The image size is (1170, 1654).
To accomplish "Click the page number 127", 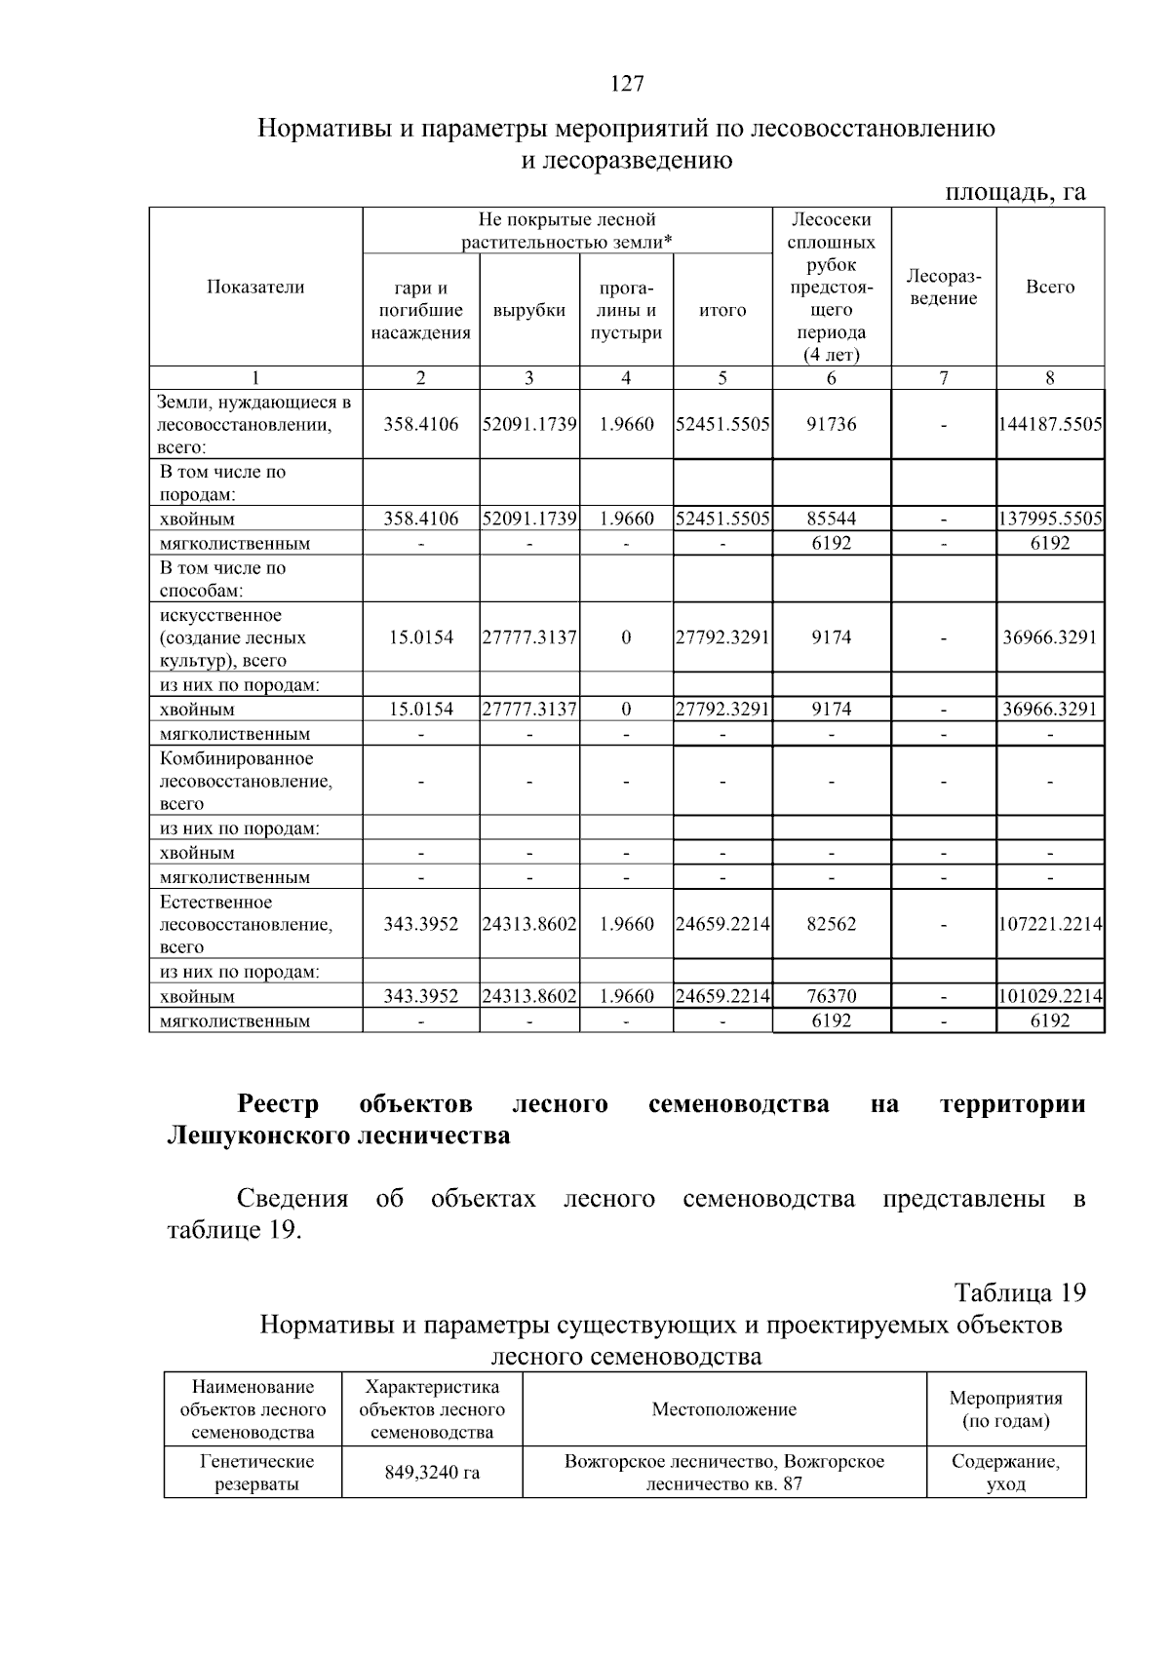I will click(x=627, y=84).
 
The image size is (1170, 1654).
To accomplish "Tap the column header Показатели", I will click(x=255, y=287).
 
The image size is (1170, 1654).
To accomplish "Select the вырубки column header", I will click(x=529, y=310).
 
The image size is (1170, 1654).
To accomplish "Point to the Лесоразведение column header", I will click(x=944, y=287).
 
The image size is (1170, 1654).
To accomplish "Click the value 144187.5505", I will click(x=1050, y=424).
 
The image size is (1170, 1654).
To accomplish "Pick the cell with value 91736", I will click(x=831, y=424).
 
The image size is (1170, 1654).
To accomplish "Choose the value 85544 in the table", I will click(x=831, y=519).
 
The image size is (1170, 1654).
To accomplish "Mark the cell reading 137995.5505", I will click(x=1050, y=519).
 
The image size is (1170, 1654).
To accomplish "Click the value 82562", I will click(x=831, y=924).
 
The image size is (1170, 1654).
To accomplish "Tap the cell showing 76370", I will click(x=831, y=996).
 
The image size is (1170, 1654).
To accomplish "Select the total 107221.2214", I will click(x=1050, y=924).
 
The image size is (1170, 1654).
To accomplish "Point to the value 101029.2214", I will click(x=1050, y=996).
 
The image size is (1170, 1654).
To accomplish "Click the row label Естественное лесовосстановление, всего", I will click(x=246, y=924).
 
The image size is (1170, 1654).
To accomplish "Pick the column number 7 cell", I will click(x=944, y=378).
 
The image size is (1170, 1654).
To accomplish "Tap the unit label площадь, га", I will click(x=1016, y=192).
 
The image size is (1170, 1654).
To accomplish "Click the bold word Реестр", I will click(x=279, y=1104).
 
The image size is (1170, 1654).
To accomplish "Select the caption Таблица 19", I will click(x=1020, y=1292).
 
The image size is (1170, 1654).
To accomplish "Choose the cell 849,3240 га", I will click(x=432, y=1473).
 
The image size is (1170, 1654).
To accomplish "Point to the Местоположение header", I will click(x=723, y=1409).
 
